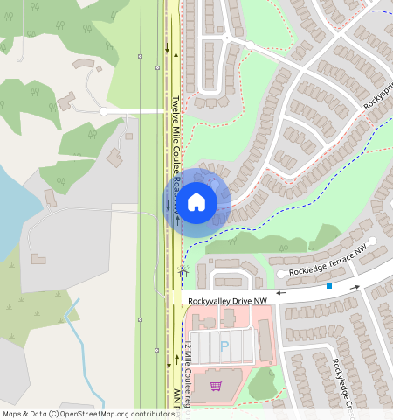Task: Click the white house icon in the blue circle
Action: point(196,202)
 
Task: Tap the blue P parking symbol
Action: point(224,346)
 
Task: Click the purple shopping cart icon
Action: point(216,386)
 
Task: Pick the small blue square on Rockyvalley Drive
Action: point(329,286)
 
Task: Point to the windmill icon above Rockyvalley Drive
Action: point(183,272)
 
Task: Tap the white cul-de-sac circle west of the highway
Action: point(103,111)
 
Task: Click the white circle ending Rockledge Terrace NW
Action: point(372,241)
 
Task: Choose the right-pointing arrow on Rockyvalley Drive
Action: point(355,286)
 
